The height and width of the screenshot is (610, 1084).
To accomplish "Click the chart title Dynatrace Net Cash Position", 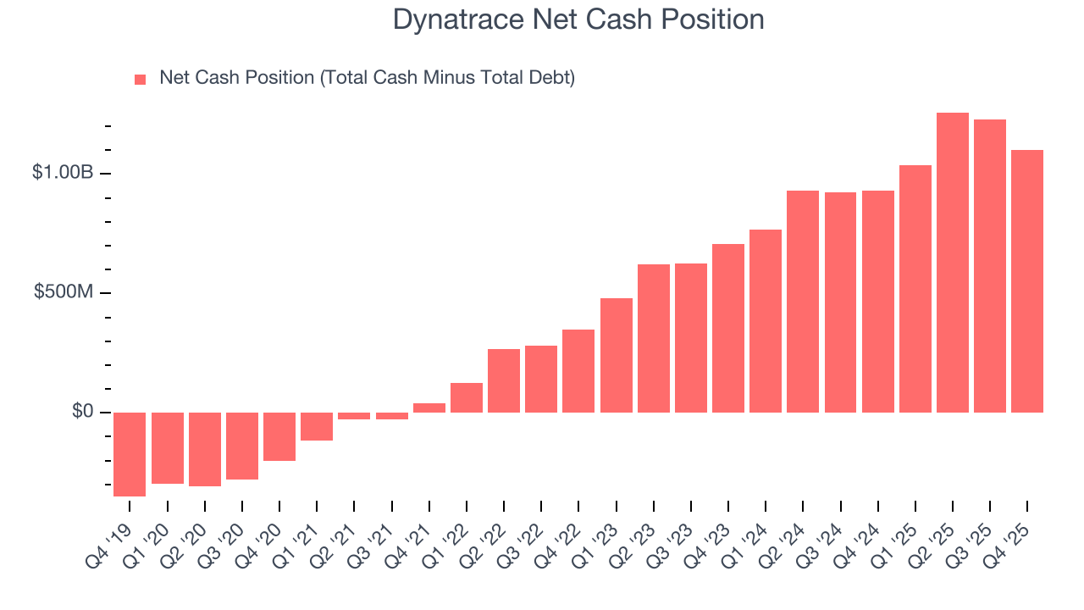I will tap(578, 19).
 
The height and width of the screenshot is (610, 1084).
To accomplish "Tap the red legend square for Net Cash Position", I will tap(141, 80).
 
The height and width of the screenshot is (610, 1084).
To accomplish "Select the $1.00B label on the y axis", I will tap(63, 173).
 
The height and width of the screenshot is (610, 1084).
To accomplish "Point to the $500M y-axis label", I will tap(64, 292).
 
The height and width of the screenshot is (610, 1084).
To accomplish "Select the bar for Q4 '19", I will tap(130, 454).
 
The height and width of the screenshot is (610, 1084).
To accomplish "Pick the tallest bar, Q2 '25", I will tap(953, 263).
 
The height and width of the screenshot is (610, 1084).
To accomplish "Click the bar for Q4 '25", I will tap(1027, 281).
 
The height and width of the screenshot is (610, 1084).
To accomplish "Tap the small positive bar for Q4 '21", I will tap(429, 408).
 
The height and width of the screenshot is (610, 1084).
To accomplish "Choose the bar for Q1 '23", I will tap(617, 355).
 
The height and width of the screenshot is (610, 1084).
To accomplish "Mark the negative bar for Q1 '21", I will tap(317, 426).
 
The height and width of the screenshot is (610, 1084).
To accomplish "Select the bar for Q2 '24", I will tap(803, 302).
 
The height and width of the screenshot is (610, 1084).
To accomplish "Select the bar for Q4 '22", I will tap(578, 371).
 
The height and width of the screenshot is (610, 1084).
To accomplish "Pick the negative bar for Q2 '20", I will tap(205, 449).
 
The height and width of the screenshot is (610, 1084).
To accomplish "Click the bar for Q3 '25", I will tap(990, 266).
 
